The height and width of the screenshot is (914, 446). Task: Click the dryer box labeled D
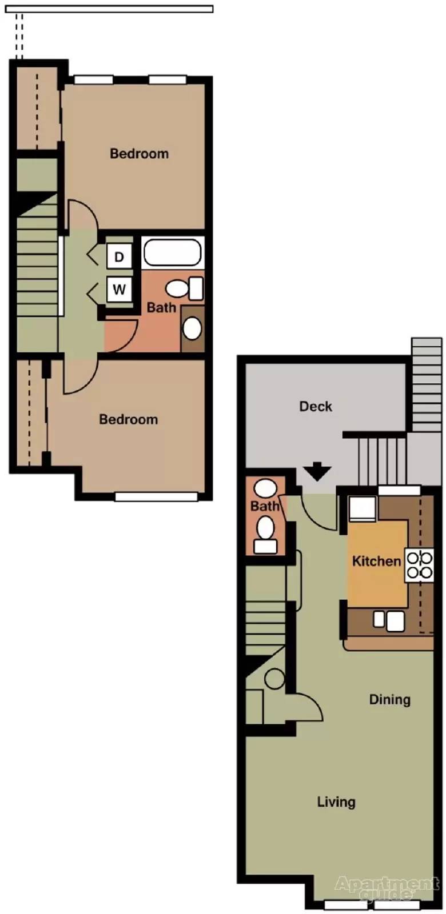click(x=119, y=256)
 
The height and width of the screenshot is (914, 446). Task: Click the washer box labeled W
click(x=119, y=289)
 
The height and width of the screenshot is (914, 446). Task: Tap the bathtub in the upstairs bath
click(x=172, y=253)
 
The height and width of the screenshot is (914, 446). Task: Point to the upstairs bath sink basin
click(x=192, y=328)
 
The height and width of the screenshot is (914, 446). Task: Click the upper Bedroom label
click(x=139, y=153)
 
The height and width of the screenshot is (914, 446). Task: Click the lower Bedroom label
click(x=128, y=419)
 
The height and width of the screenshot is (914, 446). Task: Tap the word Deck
click(x=316, y=406)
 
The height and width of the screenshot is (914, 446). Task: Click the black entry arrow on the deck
click(x=317, y=472)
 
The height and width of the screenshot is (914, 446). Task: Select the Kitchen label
click(x=376, y=561)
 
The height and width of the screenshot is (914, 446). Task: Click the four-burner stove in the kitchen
click(x=420, y=565)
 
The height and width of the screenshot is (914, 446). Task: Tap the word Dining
click(x=389, y=699)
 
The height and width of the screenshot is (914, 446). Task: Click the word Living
click(x=336, y=802)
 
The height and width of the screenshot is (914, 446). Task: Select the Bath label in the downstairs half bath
click(x=265, y=506)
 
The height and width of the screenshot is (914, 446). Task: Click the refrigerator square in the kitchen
click(x=362, y=508)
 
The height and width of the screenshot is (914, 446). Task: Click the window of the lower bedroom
click(x=156, y=497)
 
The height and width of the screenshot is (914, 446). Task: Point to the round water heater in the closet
click(x=274, y=679)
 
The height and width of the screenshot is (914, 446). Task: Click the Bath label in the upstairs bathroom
click(x=161, y=307)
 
